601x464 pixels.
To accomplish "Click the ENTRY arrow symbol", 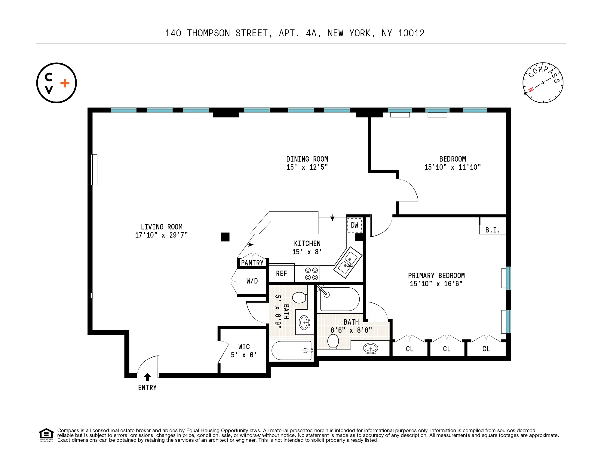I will point(147,377).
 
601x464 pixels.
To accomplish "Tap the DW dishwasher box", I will point(354,225).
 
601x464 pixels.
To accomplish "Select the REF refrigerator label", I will point(281,274).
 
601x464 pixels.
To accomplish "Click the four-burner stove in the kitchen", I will point(311,274).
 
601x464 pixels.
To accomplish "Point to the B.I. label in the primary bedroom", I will point(492,230).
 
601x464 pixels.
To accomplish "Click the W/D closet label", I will point(252,281).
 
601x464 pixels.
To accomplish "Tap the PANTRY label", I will point(252,263).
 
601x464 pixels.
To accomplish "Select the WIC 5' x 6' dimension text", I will point(244,355).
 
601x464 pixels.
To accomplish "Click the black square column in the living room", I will point(225,237).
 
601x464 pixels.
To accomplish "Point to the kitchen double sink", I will point(348,262).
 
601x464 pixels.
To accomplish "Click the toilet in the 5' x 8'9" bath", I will point(299,298).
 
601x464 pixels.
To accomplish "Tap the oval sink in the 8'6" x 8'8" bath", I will point(370,348).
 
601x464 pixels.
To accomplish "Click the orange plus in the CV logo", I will point(65,83).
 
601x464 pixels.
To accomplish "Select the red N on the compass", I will point(531,89).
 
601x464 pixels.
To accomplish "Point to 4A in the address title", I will point(311,33).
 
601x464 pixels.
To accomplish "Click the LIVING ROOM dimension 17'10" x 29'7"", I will point(161,235).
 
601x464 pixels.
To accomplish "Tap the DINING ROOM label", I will point(307,159).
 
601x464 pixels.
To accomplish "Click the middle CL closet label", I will point(446,349).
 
